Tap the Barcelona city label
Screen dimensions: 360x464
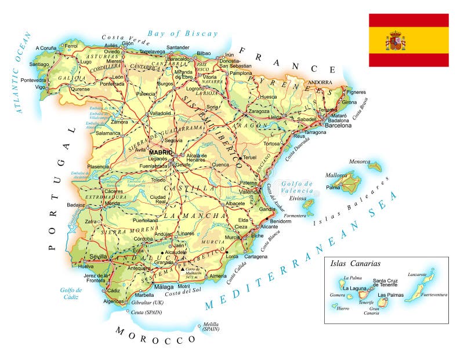pos(338,125)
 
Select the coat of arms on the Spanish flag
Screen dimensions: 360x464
pos(396,42)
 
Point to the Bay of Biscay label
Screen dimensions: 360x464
pos(182,34)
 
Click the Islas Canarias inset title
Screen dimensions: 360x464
pos(355,263)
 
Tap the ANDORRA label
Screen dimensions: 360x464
pos(321,83)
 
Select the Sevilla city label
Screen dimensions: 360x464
pos(98,257)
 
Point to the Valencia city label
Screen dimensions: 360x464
pos(249,192)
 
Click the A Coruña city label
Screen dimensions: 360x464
pos(46,48)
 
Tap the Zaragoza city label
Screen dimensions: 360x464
pos(259,111)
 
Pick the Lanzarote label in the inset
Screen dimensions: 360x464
pos(417,275)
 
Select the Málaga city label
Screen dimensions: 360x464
pos(164,287)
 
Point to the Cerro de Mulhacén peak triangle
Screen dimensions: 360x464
pos(183,270)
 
